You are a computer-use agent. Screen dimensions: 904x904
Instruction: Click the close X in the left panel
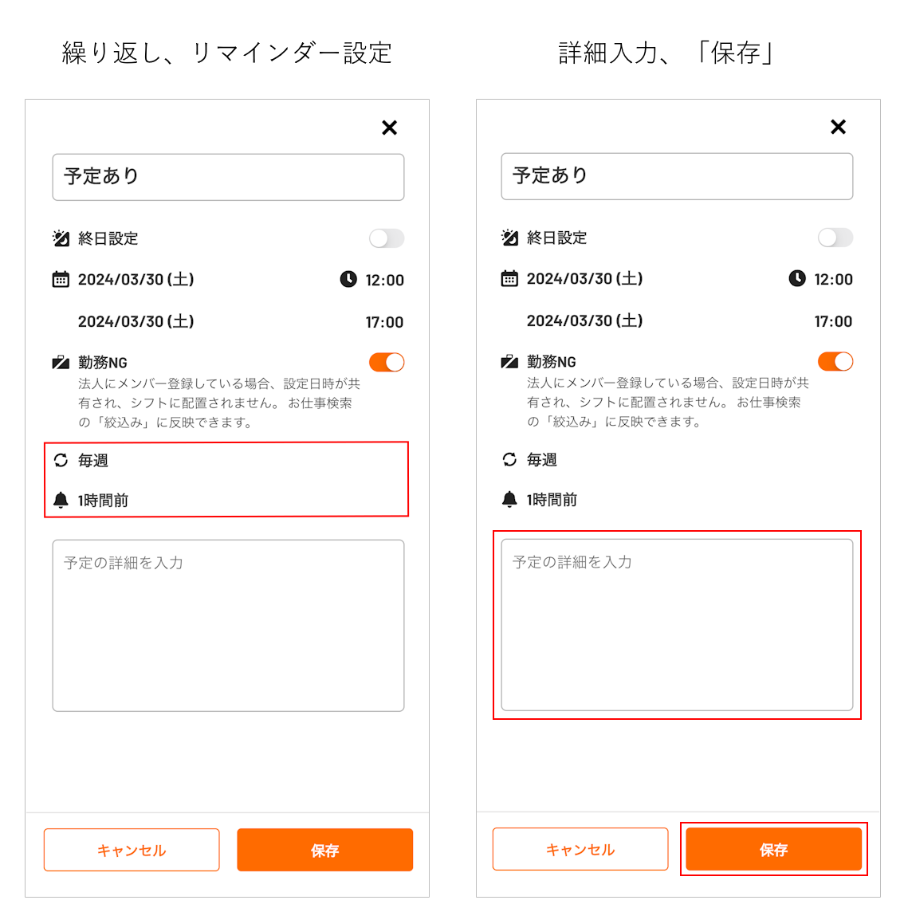click(x=390, y=128)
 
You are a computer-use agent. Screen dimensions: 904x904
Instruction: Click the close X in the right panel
click(x=839, y=127)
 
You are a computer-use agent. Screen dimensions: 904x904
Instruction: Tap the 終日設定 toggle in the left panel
click(x=387, y=238)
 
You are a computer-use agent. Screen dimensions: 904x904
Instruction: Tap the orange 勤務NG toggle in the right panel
click(x=835, y=361)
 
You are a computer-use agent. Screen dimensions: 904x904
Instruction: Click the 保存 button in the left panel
click(x=325, y=850)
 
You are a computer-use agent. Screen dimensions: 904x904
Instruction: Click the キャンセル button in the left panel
click(x=132, y=850)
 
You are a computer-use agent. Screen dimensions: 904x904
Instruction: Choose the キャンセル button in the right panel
click(x=580, y=849)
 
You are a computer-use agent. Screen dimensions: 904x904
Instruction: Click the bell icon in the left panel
click(x=61, y=500)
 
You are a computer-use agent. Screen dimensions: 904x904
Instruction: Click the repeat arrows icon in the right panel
click(x=509, y=459)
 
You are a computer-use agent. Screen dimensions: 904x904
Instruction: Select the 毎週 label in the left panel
click(x=93, y=461)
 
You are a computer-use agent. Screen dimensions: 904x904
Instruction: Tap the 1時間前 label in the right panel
click(x=552, y=500)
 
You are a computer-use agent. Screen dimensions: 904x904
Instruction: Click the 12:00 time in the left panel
click(x=384, y=280)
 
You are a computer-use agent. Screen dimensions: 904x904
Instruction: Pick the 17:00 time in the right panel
click(x=833, y=322)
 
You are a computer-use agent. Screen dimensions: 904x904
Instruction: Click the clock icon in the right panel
click(x=797, y=278)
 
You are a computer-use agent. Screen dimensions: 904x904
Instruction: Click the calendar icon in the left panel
click(x=61, y=280)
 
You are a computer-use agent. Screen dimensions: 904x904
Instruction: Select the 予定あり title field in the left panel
click(x=228, y=177)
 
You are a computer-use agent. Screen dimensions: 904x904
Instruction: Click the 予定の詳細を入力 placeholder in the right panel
click(x=572, y=562)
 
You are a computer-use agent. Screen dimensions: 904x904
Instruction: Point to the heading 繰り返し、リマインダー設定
click(x=227, y=53)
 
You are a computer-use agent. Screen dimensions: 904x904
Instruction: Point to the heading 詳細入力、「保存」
click(x=667, y=53)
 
